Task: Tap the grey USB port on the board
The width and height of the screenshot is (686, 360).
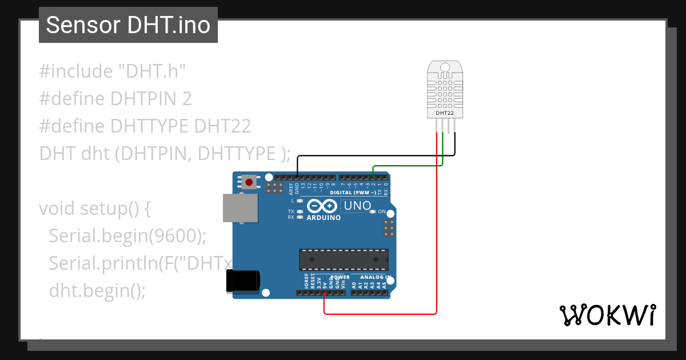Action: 240,207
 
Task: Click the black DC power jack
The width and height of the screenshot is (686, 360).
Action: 243,281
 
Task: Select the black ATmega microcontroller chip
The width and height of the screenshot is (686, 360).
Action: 344,259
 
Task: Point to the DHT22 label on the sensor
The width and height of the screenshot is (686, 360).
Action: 445,113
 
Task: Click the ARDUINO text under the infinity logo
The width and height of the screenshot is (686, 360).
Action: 324,218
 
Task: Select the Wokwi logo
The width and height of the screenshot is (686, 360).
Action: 607,315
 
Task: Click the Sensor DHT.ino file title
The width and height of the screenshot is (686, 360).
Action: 128,25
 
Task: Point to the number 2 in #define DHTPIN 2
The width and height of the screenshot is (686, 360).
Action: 186,99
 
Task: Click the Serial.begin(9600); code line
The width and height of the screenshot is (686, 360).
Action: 127,235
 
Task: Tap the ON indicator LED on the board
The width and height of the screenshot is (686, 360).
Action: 373,211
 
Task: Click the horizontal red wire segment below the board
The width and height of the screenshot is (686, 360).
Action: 380,313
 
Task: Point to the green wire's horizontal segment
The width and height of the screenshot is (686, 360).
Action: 408,166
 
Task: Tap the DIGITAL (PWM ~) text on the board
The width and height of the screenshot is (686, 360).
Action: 353,193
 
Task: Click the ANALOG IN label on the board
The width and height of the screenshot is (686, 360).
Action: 375,277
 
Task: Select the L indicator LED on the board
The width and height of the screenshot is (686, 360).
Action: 300,201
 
